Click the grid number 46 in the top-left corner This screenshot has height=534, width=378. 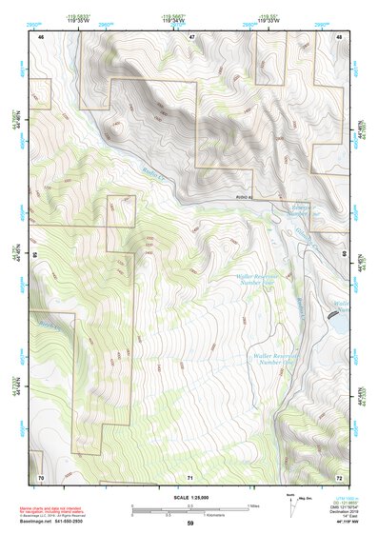pyautogui.click(x=41, y=35)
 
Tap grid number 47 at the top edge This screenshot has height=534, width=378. pyautogui.click(x=191, y=35)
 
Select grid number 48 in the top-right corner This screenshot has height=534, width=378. pyautogui.click(x=340, y=35)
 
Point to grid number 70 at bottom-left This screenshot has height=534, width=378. pyautogui.click(x=41, y=476)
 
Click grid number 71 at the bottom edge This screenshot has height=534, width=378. pyautogui.click(x=191, y=476)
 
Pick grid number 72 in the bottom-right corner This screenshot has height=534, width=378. pyautogui.click(x=340, y=476)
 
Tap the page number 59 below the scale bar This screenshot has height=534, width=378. pyautogui.click(x=190, y=524)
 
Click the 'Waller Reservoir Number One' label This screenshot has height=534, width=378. pyautogui.click(x=269, y=359)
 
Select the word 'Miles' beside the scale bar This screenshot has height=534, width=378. pyautogui.click(x=253, y=505)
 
